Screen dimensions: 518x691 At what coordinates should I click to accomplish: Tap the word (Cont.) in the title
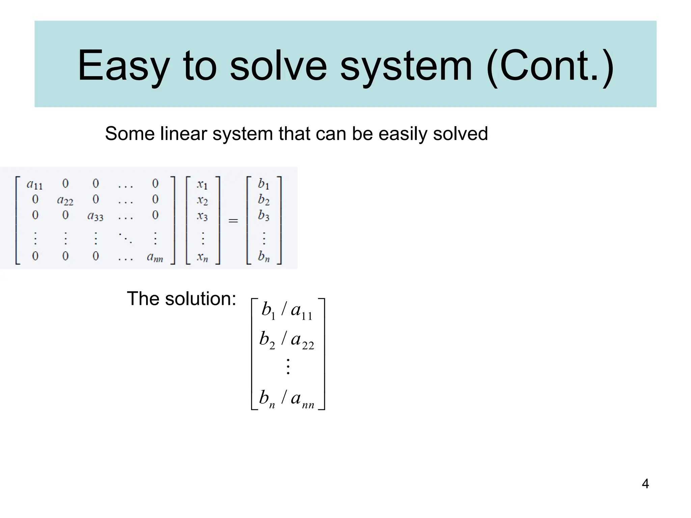click(550, 66)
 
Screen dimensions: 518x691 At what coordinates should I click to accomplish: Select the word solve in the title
click(278, 66)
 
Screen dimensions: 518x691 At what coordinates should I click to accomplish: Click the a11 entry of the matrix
click(34, 184)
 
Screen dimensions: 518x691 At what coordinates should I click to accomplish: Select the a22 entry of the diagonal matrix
click(65, 200)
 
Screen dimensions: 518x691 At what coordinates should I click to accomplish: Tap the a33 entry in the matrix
click(95, 216)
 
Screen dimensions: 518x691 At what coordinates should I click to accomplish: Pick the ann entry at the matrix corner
click(155, 257)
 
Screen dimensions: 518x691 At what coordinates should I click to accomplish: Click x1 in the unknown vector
click(202, 184)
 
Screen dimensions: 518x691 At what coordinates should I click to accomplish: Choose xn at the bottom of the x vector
click(202, 257)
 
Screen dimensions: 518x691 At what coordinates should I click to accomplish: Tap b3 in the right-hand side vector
click(264, 215)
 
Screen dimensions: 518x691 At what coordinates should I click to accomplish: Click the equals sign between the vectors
click(233, 221)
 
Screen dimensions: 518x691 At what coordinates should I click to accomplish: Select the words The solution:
click(182, 299)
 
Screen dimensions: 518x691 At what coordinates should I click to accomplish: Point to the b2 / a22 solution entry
click(287, 340)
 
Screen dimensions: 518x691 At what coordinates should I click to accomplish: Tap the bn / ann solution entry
click(287, 398)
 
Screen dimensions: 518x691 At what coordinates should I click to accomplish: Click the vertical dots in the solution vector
click(288, 367)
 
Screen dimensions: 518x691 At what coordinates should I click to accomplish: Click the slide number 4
click(645, 484)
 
